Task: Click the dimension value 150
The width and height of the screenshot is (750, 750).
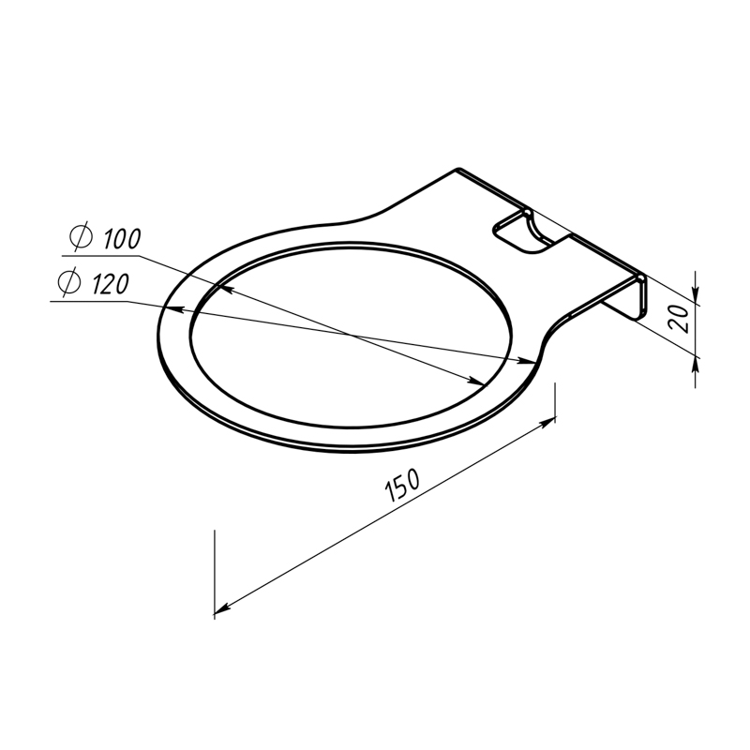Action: pos(402,485)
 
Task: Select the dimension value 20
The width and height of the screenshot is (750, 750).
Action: pos(679,318)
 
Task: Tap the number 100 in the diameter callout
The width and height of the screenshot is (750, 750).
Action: pos(122,239)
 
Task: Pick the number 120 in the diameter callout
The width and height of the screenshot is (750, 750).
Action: pos(110,284)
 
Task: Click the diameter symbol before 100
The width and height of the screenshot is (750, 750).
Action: pos(81,236)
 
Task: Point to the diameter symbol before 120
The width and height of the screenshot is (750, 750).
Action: pos(68,281)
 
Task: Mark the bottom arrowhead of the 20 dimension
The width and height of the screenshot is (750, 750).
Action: pos(696,366)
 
